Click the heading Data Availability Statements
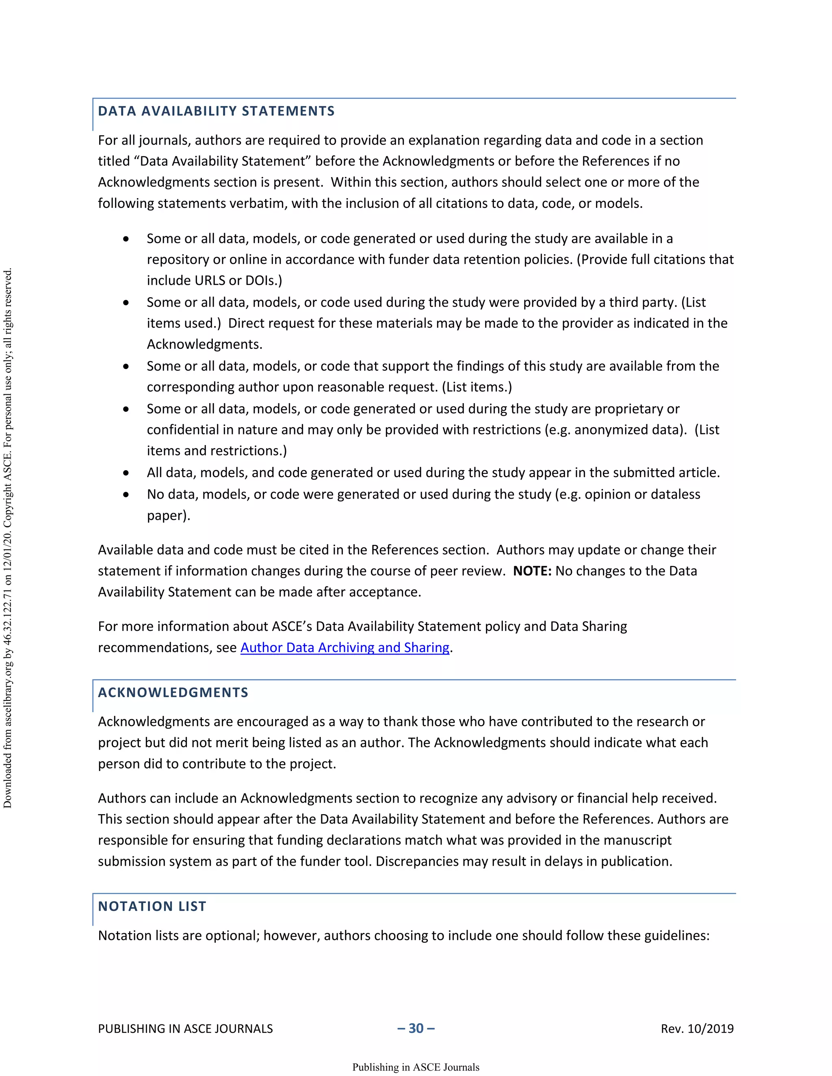point(216,111)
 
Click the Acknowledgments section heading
point(173,693)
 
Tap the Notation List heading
point(152,907)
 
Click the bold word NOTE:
point(532,571)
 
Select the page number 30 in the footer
point(416,1028)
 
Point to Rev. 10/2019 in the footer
point(697,1029)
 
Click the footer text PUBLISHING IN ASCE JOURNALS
point(185,1029)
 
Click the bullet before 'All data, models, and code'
point(126,473)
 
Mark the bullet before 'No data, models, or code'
point(126,495)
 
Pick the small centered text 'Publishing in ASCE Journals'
point(416,1067)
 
